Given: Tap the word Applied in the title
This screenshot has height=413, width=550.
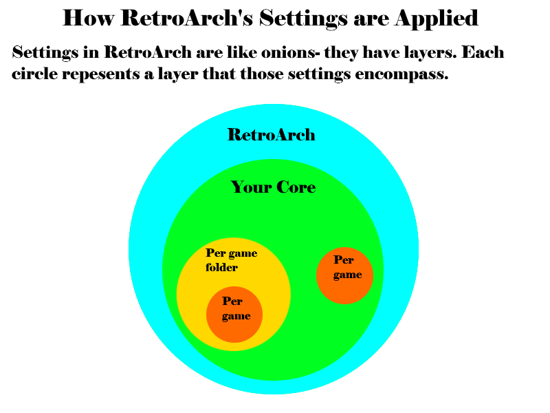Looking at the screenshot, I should point(437,18).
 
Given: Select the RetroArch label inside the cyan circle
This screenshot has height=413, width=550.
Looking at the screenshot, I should point(271,134).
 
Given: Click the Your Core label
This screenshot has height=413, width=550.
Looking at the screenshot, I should point(273,187).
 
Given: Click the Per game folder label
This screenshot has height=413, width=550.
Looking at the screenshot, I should point(231,260).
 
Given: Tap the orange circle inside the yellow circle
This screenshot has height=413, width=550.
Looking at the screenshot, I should point(234,315).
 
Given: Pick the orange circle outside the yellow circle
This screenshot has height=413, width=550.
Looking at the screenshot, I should point(344,275).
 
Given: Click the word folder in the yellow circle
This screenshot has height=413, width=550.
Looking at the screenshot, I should point(221,267).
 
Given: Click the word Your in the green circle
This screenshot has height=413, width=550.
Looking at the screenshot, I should point(251,187).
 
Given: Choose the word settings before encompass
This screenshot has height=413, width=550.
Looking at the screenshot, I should point(314,74).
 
